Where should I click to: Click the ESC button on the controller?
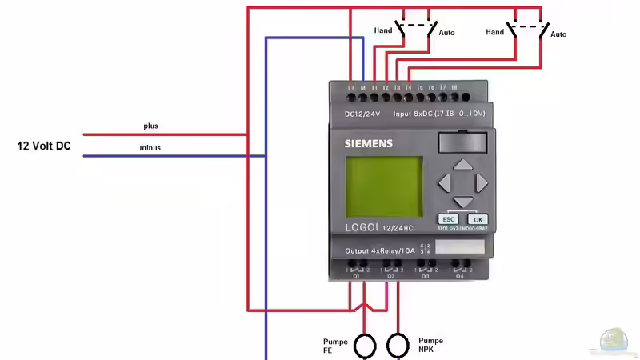pyautogui.click(x=448, y=219)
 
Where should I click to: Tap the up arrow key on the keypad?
pyautogui.click(x=462, y=166)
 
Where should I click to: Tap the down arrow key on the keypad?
pyautogui.click(x=462, y=202)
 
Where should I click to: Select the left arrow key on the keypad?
pyautogui.click(x=445, y=183)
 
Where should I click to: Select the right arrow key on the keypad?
pyautogui.click(x=481, y=183)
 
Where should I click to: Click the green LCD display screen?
pyautogui.click(x=384, y=186)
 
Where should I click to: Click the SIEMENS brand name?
pyautogui.click(x=368, y=144)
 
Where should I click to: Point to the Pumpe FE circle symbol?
pyautogui.click(x=365, y=345)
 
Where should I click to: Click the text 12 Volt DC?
pyautogui.click(x=44, y=146)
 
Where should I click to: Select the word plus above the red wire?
pyautogui.click(x=151, y=126)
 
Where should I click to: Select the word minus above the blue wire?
pyautogui.click(x=150, y=148)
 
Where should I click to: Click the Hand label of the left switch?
pyautogui.click(x=383, y=30)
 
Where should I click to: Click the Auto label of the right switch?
pyautogui.click(x=558, y=34)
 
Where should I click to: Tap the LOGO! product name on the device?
pyautogui.click(x=364, y=227)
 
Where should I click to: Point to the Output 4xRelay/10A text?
pyautogui.click(x=381, y=250)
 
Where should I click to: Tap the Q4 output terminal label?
pyautogui.click(x=459, y=276)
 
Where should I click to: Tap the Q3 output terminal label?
pyautogui.click(x=426, y=276)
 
